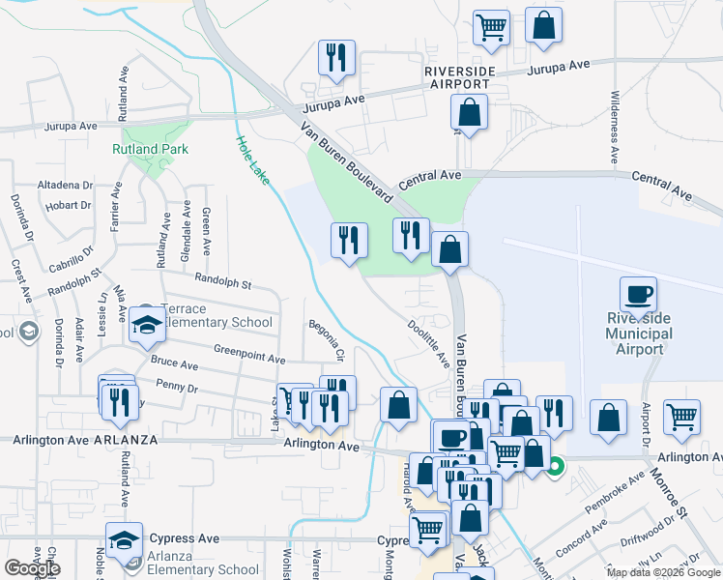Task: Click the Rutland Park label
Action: click(x=150, y=149)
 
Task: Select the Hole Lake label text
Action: click(x=252, y=159)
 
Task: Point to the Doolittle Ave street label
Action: click(x=428, y=343)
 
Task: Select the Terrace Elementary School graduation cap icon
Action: click(x=147, y=326)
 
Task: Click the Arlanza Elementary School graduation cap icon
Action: click(x=125, y=541)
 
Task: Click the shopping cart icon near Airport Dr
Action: click(x=682, y=418)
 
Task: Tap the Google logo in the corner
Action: click(x=32, y=567)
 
